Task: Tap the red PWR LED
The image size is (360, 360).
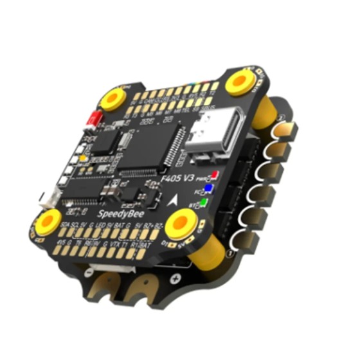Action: (x=214, y=174)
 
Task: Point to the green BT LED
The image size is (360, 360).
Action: (x=204, y=204)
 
